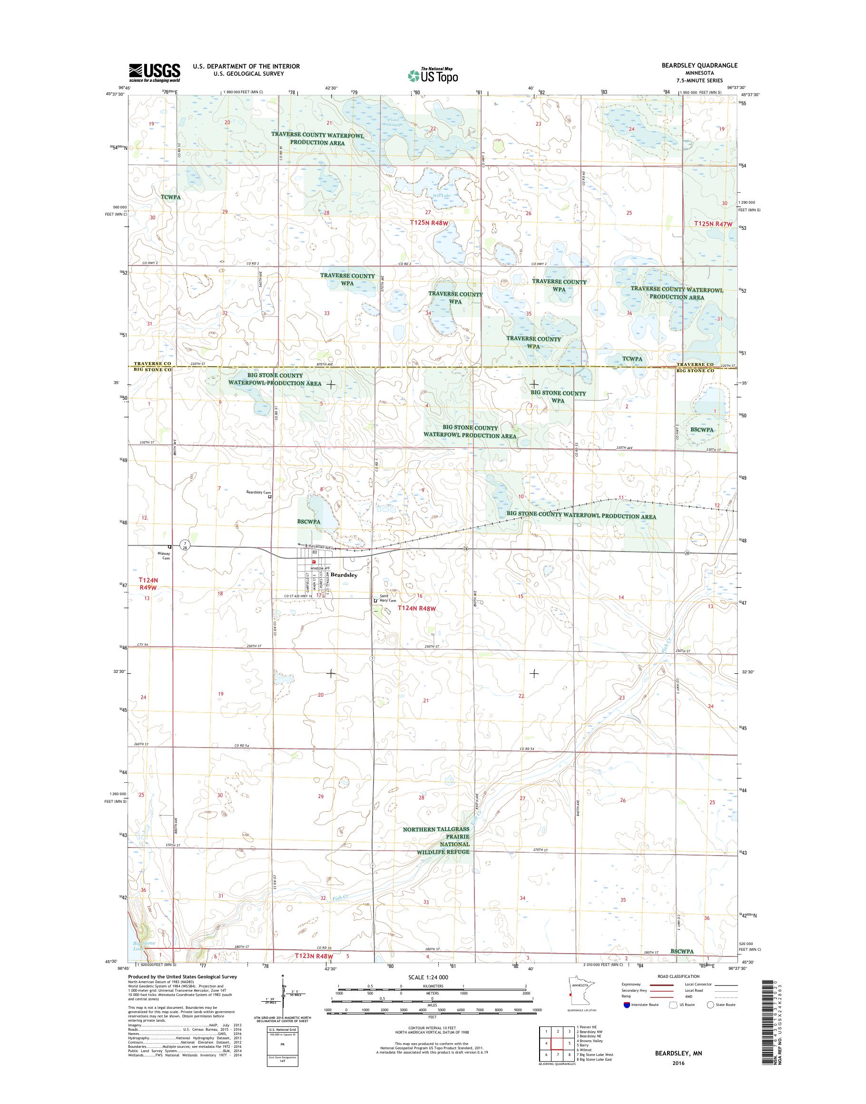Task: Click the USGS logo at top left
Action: coord(154,72)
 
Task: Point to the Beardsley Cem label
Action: coord(258,492)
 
